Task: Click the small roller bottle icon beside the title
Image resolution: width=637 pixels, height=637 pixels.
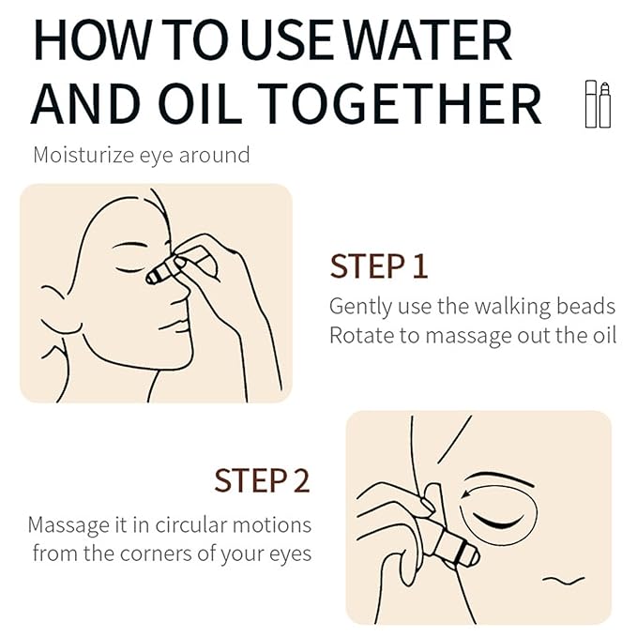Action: point(591,104)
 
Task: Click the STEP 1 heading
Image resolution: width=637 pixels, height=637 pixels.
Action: point(378,266)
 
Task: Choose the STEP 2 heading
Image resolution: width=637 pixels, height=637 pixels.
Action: point(261,481)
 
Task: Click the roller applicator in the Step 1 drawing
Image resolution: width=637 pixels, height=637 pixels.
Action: point(161,271)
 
